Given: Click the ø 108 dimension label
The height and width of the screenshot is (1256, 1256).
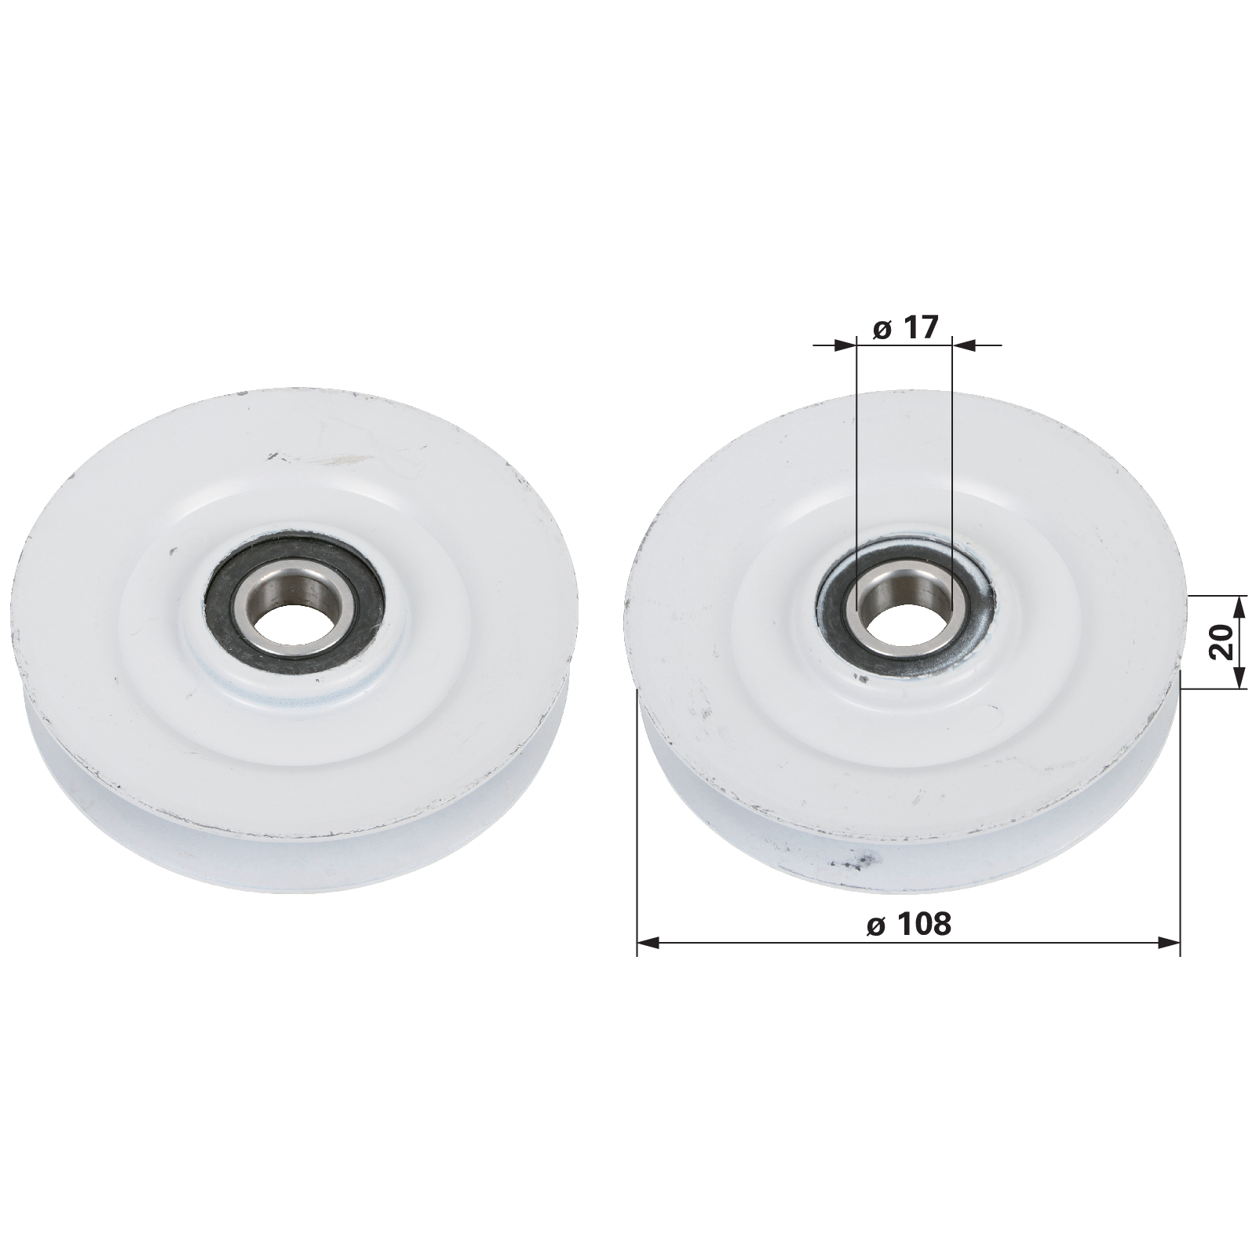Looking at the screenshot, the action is pos(909,924).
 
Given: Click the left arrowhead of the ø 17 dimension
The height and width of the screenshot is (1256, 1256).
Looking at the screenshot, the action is pos(845,344).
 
